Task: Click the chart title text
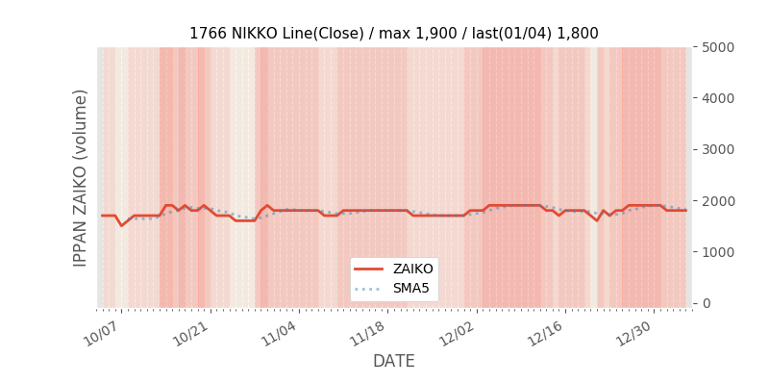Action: point(393,34)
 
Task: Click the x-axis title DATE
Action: point(393,361)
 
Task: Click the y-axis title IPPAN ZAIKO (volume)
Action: point(81,177)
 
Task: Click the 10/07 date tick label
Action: point(101,334)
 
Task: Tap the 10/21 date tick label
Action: point(189,334)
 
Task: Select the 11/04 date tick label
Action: point(279,334)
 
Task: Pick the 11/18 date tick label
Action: point(367,334)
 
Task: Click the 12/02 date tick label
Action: point(457,334)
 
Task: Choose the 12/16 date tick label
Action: point(545,334)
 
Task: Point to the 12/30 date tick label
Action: point(634,334)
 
